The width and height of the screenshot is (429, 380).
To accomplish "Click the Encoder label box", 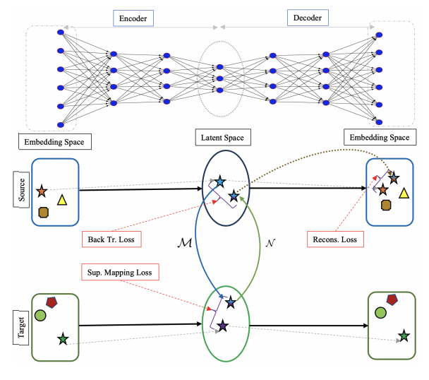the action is coord(133,18).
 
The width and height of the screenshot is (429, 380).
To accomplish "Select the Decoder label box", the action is coord(308,18).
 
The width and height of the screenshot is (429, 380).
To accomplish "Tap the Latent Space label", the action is coord(223,138).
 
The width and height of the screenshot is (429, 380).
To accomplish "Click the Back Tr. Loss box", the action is coord(111,239).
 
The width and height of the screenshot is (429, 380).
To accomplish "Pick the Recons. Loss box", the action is coord(335,239).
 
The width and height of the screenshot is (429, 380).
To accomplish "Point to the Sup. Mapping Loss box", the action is coord(120,272).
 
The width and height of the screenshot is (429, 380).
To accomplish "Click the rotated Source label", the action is coord(21,189).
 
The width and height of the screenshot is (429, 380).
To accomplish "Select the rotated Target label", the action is coord(20,328).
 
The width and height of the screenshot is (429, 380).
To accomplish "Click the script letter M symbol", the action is coord(185,243).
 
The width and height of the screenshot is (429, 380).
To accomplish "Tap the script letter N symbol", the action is coord(270,243).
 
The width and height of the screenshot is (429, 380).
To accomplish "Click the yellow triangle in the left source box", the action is coord(62,201).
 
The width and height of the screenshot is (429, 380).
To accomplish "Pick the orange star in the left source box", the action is coord(42,191).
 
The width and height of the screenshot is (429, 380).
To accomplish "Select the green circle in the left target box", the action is coord(40,315).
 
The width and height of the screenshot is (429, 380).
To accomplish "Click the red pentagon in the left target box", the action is coord(52,302).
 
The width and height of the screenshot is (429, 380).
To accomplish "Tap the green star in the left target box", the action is coord(63,339).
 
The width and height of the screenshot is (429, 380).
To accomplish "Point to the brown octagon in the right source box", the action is coord(386,205).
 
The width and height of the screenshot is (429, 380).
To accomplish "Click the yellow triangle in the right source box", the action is coord(404,193).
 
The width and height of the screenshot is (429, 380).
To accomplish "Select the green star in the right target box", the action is coord(404,336).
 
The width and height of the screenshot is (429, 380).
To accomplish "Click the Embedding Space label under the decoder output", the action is coord(380,137).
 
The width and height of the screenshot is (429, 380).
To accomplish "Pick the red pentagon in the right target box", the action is coord(392,299).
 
